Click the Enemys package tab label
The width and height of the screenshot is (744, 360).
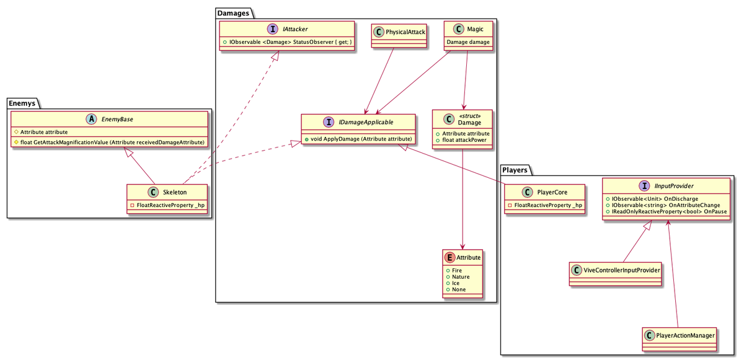pos(22,103)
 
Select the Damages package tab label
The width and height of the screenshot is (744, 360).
pos(233,13)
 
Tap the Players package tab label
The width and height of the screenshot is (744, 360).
pos(515,170)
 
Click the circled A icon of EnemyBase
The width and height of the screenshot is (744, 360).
pos(91,119)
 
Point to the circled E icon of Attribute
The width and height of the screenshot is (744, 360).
pos(449,258)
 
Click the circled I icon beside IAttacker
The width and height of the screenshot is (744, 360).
pos(272,29)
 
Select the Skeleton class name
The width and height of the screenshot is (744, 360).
pos(175,192)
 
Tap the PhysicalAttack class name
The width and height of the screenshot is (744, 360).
pos(405,32)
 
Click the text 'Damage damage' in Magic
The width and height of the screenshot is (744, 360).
pos(468,42)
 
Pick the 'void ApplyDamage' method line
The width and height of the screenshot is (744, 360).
pos(358,139)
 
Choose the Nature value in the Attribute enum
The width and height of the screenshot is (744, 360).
pos(458,277)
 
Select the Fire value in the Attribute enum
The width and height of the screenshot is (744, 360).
pos(454,270)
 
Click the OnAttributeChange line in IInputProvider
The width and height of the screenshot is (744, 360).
pos(663,205)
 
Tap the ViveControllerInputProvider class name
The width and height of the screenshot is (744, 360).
pos(622,270)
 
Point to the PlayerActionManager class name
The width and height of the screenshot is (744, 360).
pos(685,335)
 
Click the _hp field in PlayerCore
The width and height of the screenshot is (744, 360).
pos(545,205)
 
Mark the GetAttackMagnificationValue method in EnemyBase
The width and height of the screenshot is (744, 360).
pos(110,142)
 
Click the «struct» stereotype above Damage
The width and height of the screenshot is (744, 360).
pos(469,116)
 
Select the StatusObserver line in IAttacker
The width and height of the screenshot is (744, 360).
pos(287,42)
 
